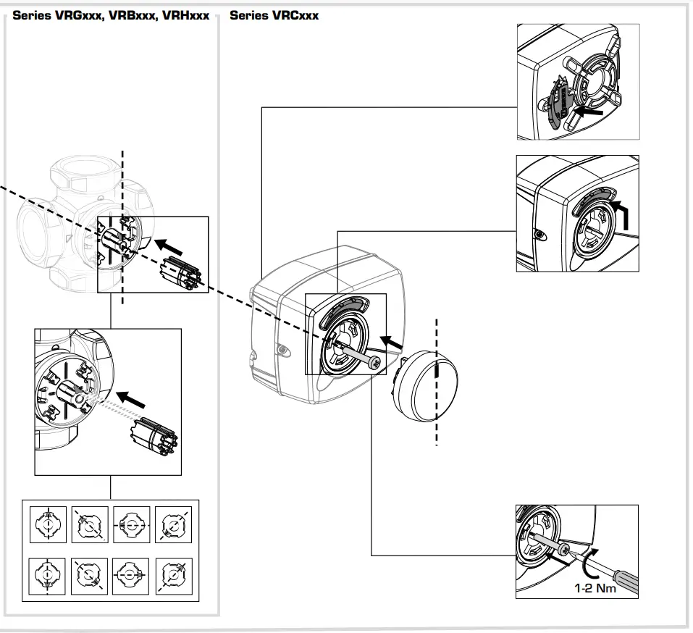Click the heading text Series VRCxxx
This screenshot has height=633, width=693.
[274, 15]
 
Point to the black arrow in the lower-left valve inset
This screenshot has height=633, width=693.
[132, 399]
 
